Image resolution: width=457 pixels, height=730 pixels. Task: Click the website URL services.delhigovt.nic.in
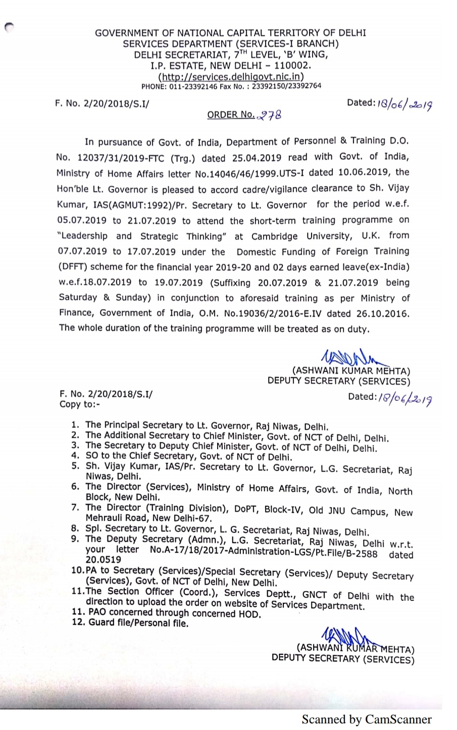(231, 77)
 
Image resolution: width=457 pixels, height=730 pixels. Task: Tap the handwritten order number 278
(269, 115)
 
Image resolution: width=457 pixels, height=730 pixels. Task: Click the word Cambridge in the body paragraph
(273, 236)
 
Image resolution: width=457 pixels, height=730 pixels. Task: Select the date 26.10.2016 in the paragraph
(382, 314)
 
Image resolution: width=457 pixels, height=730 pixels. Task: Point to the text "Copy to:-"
(80, 404)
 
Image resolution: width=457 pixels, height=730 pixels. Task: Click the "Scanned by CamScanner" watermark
(367, 719)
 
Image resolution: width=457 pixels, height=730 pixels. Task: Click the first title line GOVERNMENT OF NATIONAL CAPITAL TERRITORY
(231, 33)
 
